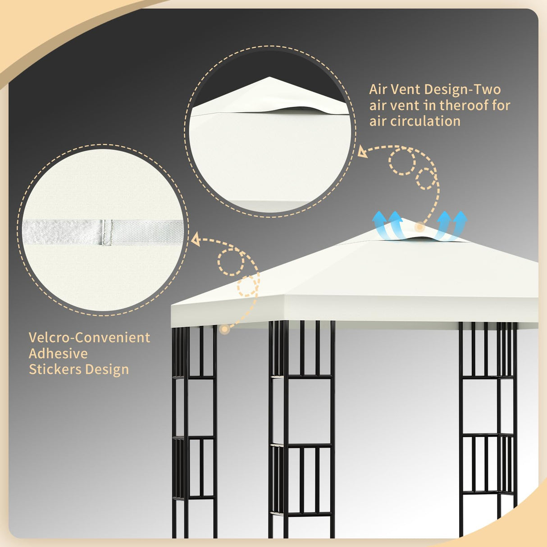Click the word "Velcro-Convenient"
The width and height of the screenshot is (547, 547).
coord(89,337)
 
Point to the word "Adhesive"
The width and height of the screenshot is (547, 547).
coord(58,354)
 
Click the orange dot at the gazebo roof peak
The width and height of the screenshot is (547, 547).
coord(419,227)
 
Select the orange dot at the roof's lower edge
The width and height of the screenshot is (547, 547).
coord(224,329)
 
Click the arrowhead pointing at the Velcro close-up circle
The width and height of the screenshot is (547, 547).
coord(196,239)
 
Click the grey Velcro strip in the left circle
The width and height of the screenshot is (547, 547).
coord(63,232)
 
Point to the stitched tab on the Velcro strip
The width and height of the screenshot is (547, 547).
coord(107,233)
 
